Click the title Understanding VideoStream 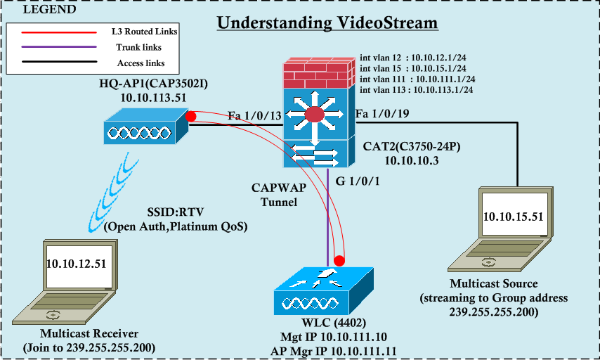pyautogui.click(x=327, y=22)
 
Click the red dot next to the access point pyautogui.click(x=190, y=116)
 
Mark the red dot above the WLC pyautogui.click(x=339, y=261)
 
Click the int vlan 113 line pyautogui.click(x=416, y=90)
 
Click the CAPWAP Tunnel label pyautogui.click(x=275, y=194)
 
